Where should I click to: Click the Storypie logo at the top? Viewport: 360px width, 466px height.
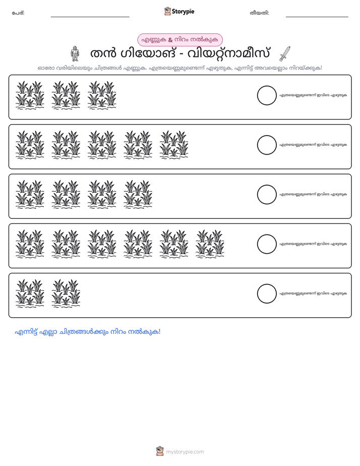[179, 11]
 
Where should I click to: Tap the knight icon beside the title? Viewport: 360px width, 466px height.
[75, 54]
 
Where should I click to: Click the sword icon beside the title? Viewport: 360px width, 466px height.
[285, 54]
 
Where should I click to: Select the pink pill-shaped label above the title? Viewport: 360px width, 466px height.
[179, 40]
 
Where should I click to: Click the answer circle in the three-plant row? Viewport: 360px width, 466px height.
[267, 95]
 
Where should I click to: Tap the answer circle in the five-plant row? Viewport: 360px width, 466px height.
[267, 145]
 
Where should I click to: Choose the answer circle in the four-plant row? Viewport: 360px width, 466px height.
[267, 195]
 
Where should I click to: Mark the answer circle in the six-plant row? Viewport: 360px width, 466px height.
[267, 244]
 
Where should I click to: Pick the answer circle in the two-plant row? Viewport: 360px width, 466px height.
[267, 294]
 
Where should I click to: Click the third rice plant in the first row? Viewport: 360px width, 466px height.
[102, 95]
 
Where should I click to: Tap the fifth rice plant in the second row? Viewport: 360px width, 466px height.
[174, 145]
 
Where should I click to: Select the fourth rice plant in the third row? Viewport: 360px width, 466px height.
[138, 194]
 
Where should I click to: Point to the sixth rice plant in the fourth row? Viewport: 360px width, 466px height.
[210, 244]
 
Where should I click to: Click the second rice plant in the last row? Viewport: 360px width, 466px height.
[66, 294]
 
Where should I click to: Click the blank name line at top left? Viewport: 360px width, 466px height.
[90, 17]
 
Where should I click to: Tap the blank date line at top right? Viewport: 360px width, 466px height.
[317, 17]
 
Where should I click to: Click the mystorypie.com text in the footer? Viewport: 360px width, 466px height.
[185, 452]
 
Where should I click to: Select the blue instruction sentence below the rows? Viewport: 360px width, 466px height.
[88, 332]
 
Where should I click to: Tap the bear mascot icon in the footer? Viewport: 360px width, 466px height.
[160, 451]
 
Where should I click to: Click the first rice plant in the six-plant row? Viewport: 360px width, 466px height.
[30, 244]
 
